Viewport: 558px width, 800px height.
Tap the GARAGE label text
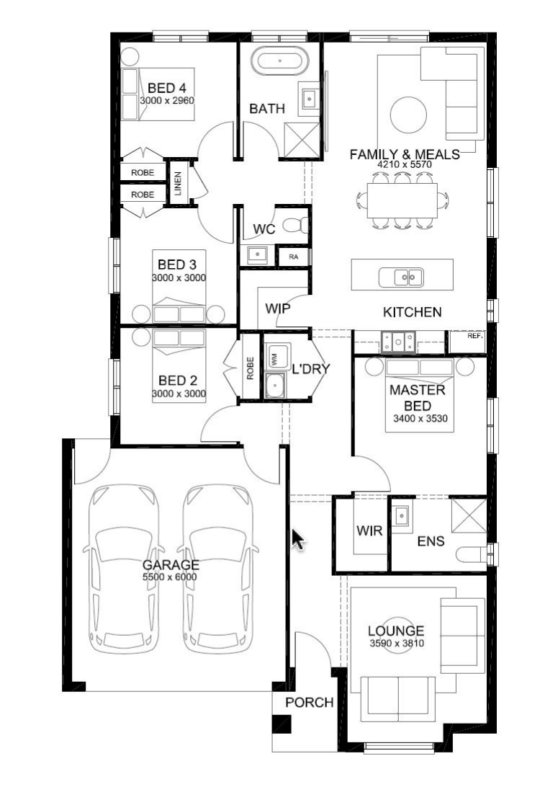[171, 565]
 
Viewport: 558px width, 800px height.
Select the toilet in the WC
[296, 224]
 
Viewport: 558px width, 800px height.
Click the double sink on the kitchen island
[401, 277]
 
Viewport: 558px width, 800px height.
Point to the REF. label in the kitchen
[475, 337]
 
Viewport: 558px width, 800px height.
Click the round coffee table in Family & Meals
[408, 115]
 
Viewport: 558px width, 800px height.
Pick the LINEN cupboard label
[178, 184]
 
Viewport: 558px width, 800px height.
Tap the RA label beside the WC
[293, 257]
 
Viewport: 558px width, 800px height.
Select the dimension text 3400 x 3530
[420, 419]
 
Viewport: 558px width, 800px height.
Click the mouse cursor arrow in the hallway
[298, 540]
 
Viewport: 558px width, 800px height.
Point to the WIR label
[369, 530]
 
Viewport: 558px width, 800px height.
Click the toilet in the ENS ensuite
[472, 554]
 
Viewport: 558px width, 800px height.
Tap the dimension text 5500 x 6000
[171, 577]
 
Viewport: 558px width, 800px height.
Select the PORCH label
[310, 703]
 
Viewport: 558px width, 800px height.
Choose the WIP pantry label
[278, 308]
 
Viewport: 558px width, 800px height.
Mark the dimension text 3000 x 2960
[167, 100]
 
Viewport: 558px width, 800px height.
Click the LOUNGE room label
[396, 631]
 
